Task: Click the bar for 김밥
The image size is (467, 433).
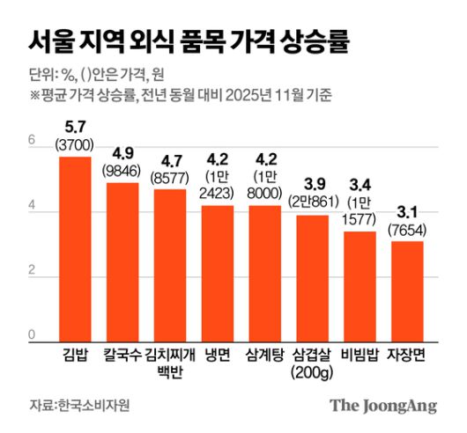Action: click(75, 249)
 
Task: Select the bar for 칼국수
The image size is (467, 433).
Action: click(122, 262)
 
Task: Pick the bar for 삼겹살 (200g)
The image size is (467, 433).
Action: click(312, 279)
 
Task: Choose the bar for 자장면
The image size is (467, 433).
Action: click(407, 291)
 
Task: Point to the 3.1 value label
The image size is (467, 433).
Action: click(407, 214)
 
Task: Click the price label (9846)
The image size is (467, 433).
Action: click(122, 170)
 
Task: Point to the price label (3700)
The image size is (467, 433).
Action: click(75, 143)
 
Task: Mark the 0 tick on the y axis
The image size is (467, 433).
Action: click(32, 334)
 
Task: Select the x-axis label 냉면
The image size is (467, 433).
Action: click(218, 356)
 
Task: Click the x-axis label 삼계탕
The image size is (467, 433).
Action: click(265, 356)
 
